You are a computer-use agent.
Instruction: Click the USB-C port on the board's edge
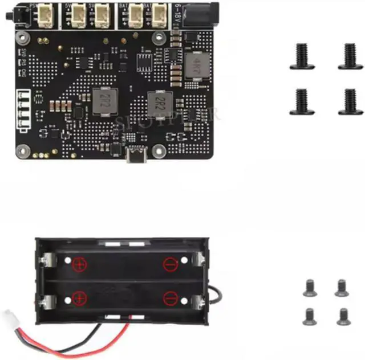[137, 156]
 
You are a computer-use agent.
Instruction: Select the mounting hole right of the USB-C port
[160, 151]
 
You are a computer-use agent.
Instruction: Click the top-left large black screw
[302, 56]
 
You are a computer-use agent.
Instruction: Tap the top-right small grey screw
[341, 288]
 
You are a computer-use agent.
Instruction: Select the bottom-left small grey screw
[310, 316]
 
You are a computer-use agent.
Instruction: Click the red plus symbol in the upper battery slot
[79, 265]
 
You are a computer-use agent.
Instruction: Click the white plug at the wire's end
[11, 317]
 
